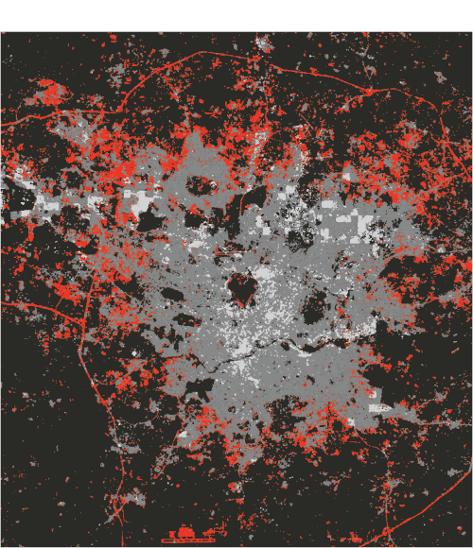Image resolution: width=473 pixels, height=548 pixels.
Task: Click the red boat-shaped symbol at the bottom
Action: (187, 536)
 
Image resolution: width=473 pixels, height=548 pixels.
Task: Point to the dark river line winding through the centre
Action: (284, 350)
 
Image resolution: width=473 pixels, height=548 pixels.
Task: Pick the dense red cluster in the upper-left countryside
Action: (49, 93)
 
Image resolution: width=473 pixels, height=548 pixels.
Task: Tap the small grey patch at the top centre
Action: (264, 43)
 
